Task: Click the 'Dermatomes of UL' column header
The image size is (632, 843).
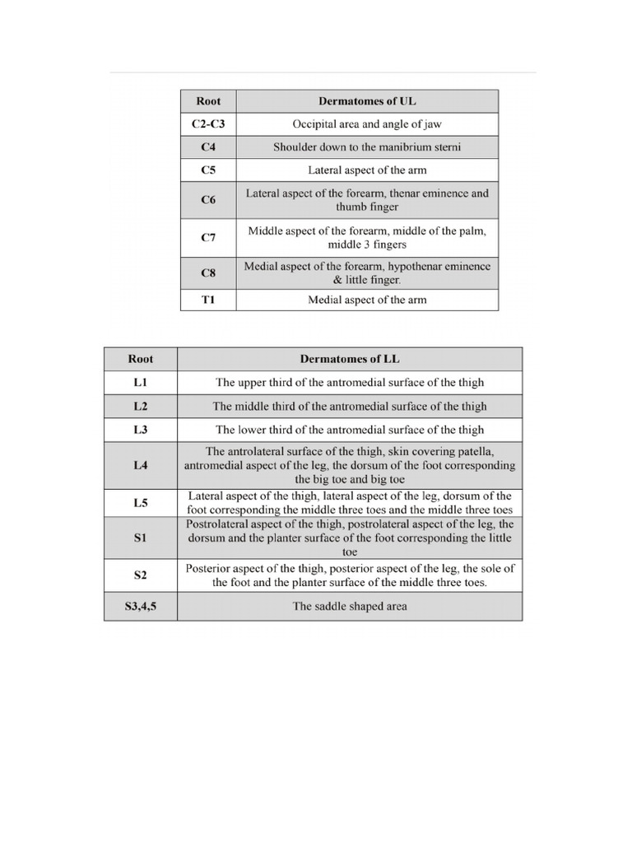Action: point(367,101)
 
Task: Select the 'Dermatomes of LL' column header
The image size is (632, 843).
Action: point(350,359)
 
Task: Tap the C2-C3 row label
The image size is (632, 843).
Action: point(208,124)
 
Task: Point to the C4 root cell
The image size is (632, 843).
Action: point(208,147)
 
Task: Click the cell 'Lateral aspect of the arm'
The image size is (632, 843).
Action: point(367,170)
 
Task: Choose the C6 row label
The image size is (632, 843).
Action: point(208,200)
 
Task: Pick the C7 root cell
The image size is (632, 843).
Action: point(208,238)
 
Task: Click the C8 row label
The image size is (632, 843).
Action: point(208,273)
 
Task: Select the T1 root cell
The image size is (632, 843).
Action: point(208,300)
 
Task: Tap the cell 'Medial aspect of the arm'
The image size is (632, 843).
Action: point(367,300)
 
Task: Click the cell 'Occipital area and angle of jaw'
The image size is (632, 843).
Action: point(367,124)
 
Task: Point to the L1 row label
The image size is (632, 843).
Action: point(141,382)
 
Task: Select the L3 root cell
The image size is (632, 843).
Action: point(141,430)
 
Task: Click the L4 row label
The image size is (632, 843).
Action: point(141,465)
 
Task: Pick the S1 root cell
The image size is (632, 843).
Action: point(141,538)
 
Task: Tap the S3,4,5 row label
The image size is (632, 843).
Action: point(141,607)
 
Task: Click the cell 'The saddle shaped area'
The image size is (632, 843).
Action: point(350,607)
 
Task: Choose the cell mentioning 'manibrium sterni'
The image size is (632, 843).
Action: point(367,147)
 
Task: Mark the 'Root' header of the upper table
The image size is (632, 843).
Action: point(208,101)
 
